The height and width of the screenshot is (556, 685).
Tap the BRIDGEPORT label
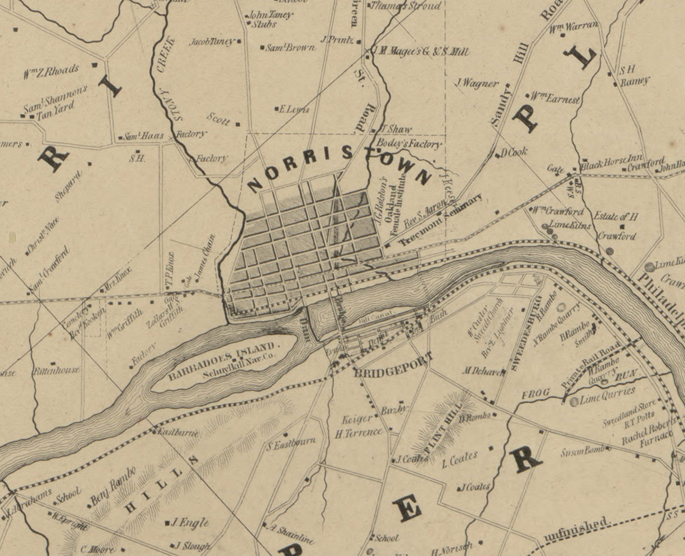pos(393,366)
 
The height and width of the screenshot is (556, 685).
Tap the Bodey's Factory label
pos(408,143)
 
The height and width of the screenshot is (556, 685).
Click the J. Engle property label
pos(190,523)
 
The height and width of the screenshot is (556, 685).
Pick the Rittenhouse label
pos(56,370)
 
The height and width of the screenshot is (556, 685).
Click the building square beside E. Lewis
pos(277,109)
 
